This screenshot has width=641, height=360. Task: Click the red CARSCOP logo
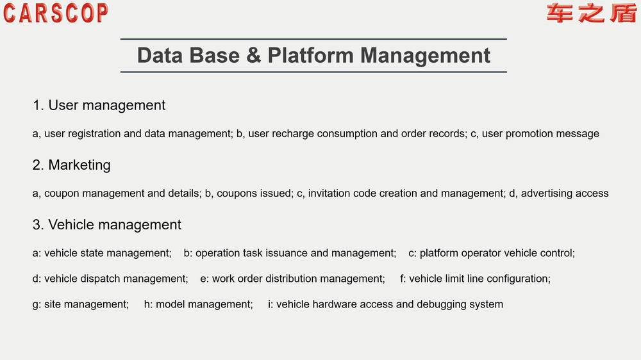56,13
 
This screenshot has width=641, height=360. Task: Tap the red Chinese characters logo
591,13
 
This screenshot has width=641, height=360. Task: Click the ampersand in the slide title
253,55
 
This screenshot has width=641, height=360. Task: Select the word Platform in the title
310,55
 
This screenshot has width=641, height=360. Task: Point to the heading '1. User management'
99,106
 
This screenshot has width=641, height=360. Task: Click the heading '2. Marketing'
72,165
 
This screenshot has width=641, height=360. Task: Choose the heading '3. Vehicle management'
106,225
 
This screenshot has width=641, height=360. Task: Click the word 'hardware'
348,304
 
